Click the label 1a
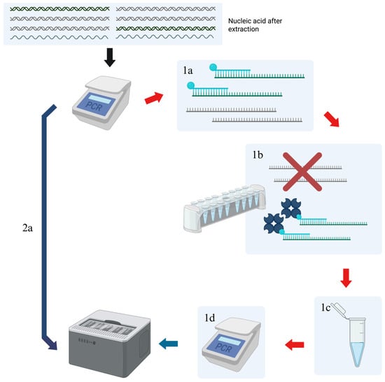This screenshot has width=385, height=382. pyautogui.click(x=188, y=71)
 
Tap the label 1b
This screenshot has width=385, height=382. pyautogui.click(x=258, y=154)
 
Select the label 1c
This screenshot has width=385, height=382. pyautogui.click(x=325, y=307)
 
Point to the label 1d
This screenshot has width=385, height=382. pyautogui.click(x=210, y=318)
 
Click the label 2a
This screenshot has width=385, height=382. pyautogui.click(x=27, y=228)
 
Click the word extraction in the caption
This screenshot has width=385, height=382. pyautogui.click(x=244, y=29)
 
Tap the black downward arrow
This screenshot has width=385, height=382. pyautogui.click(x=110, y=57)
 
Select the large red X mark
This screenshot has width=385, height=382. pyautogui.click(x=302, y=172)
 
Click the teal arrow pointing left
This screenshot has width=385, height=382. pyautogui.click(x=169, y=344)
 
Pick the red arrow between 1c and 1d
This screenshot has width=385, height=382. pyautogui.click(x=295, y=345)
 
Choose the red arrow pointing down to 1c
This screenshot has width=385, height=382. pyautogui.click(x=346, y=278)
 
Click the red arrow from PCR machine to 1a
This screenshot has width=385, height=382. pyautogui.click(x=154, y=98)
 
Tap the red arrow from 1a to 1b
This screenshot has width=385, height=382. pyautogui.click(x=332, y=119)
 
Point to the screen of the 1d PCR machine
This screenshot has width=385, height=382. pyautogui.click(x=225, y=345)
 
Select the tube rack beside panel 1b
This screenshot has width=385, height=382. pyautogui.click(x=225, y=208)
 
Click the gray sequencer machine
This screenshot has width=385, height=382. pyautogui.click(x=109, y=343)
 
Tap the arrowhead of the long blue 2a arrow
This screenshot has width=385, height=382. pyautogui.click(x=52, y=345)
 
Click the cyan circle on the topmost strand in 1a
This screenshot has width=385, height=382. pyautogui.click(x=213, y=67)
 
